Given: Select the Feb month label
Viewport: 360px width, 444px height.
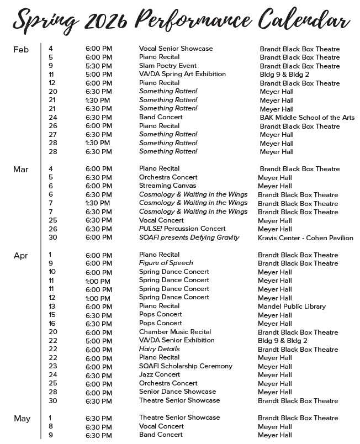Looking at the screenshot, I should [x=21, y=50].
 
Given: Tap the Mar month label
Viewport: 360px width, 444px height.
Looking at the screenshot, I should [x=20, y=170].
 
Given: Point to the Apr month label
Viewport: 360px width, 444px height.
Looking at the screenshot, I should [x=20, y=256].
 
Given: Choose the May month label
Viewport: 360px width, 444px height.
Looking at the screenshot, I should [x=22, y=419].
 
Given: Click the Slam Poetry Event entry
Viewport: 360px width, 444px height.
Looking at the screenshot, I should [x=167, y=66].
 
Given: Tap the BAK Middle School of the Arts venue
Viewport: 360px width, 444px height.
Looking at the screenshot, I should [x=307, y=118].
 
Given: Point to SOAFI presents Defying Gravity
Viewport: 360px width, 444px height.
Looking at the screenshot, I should [x=189, y=237].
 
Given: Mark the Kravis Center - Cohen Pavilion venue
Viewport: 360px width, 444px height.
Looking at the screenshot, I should [x=305, y=238].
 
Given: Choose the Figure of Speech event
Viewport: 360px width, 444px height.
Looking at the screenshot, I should [x=166, y=263].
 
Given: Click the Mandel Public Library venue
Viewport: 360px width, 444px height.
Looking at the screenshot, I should [x=292, y=306].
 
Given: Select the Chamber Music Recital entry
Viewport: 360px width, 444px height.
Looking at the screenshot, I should [x=174, y=332].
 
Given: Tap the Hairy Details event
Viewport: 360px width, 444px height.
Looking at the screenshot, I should [x=159, y=349].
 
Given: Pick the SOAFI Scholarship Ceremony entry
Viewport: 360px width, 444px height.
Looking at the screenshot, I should [x=186, y=366].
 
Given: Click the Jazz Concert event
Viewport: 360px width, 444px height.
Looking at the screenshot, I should [x=160, y=374].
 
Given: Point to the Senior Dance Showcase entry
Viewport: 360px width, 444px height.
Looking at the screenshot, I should [x=177, y=392].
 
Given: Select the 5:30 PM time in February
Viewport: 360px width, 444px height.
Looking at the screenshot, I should [x=98, y=66].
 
